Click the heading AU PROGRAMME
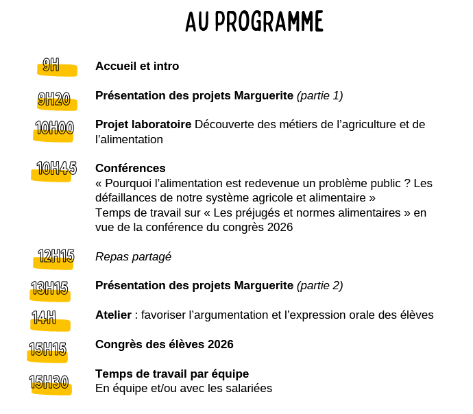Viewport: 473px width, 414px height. [x=254, y=22]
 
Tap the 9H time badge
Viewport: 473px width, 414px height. [x=51, y=66]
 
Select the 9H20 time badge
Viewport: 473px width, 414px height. [x=54, y=100]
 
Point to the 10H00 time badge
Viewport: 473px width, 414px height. [x=54, y=130]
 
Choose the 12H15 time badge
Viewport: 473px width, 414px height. [x=56, y=257]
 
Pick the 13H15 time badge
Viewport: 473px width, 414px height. [x=50, y=289]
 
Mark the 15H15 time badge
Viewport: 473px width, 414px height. [x=48, y=350]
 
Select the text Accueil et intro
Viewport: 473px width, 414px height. [x=137, y=66]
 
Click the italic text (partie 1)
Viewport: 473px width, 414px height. [x=319, y=95]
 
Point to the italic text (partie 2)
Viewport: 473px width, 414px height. [x=319, y=285]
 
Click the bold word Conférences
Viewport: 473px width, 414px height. [x=130, y=168]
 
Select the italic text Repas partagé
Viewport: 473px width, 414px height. [x=133, y=256]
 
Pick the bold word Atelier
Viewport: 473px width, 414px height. [x=113, y=315]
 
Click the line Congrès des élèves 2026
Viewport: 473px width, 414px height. [x=164, y=344]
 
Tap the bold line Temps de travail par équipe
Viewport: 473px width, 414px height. [x=171, y=374]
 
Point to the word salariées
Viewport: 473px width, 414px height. [x=247, y=389]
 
